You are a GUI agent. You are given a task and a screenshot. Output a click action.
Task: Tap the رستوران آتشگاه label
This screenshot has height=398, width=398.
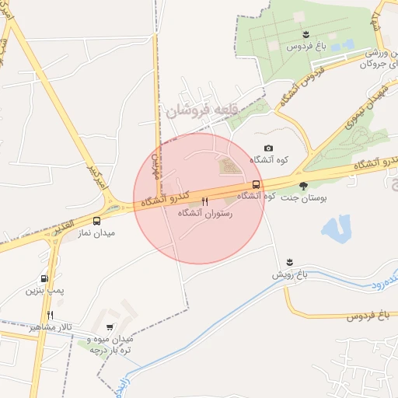[204, 212]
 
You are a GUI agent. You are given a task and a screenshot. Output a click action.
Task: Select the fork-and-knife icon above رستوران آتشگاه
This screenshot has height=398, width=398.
[204, 201]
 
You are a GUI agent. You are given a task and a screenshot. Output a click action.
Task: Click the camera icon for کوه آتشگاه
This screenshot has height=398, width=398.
[268, 148]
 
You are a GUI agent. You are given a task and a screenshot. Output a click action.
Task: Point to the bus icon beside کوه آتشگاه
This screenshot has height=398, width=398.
[256, 185]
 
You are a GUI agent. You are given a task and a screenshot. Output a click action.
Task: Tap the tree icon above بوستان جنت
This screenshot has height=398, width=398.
[303, 186]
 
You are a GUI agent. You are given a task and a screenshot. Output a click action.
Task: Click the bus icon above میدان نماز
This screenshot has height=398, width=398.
[96, 221]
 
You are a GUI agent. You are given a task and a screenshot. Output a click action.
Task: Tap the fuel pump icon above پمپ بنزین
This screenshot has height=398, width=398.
[44, 278]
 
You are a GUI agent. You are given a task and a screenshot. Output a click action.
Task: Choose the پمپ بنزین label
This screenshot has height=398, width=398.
[44, 291]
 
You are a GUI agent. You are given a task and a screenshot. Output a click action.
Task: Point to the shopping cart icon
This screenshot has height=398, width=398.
[109, 327]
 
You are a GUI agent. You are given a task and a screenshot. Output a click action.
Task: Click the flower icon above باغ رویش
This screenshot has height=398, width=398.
[289, 260]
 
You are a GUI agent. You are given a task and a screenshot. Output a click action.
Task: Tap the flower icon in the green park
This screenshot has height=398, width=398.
[305, 33]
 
